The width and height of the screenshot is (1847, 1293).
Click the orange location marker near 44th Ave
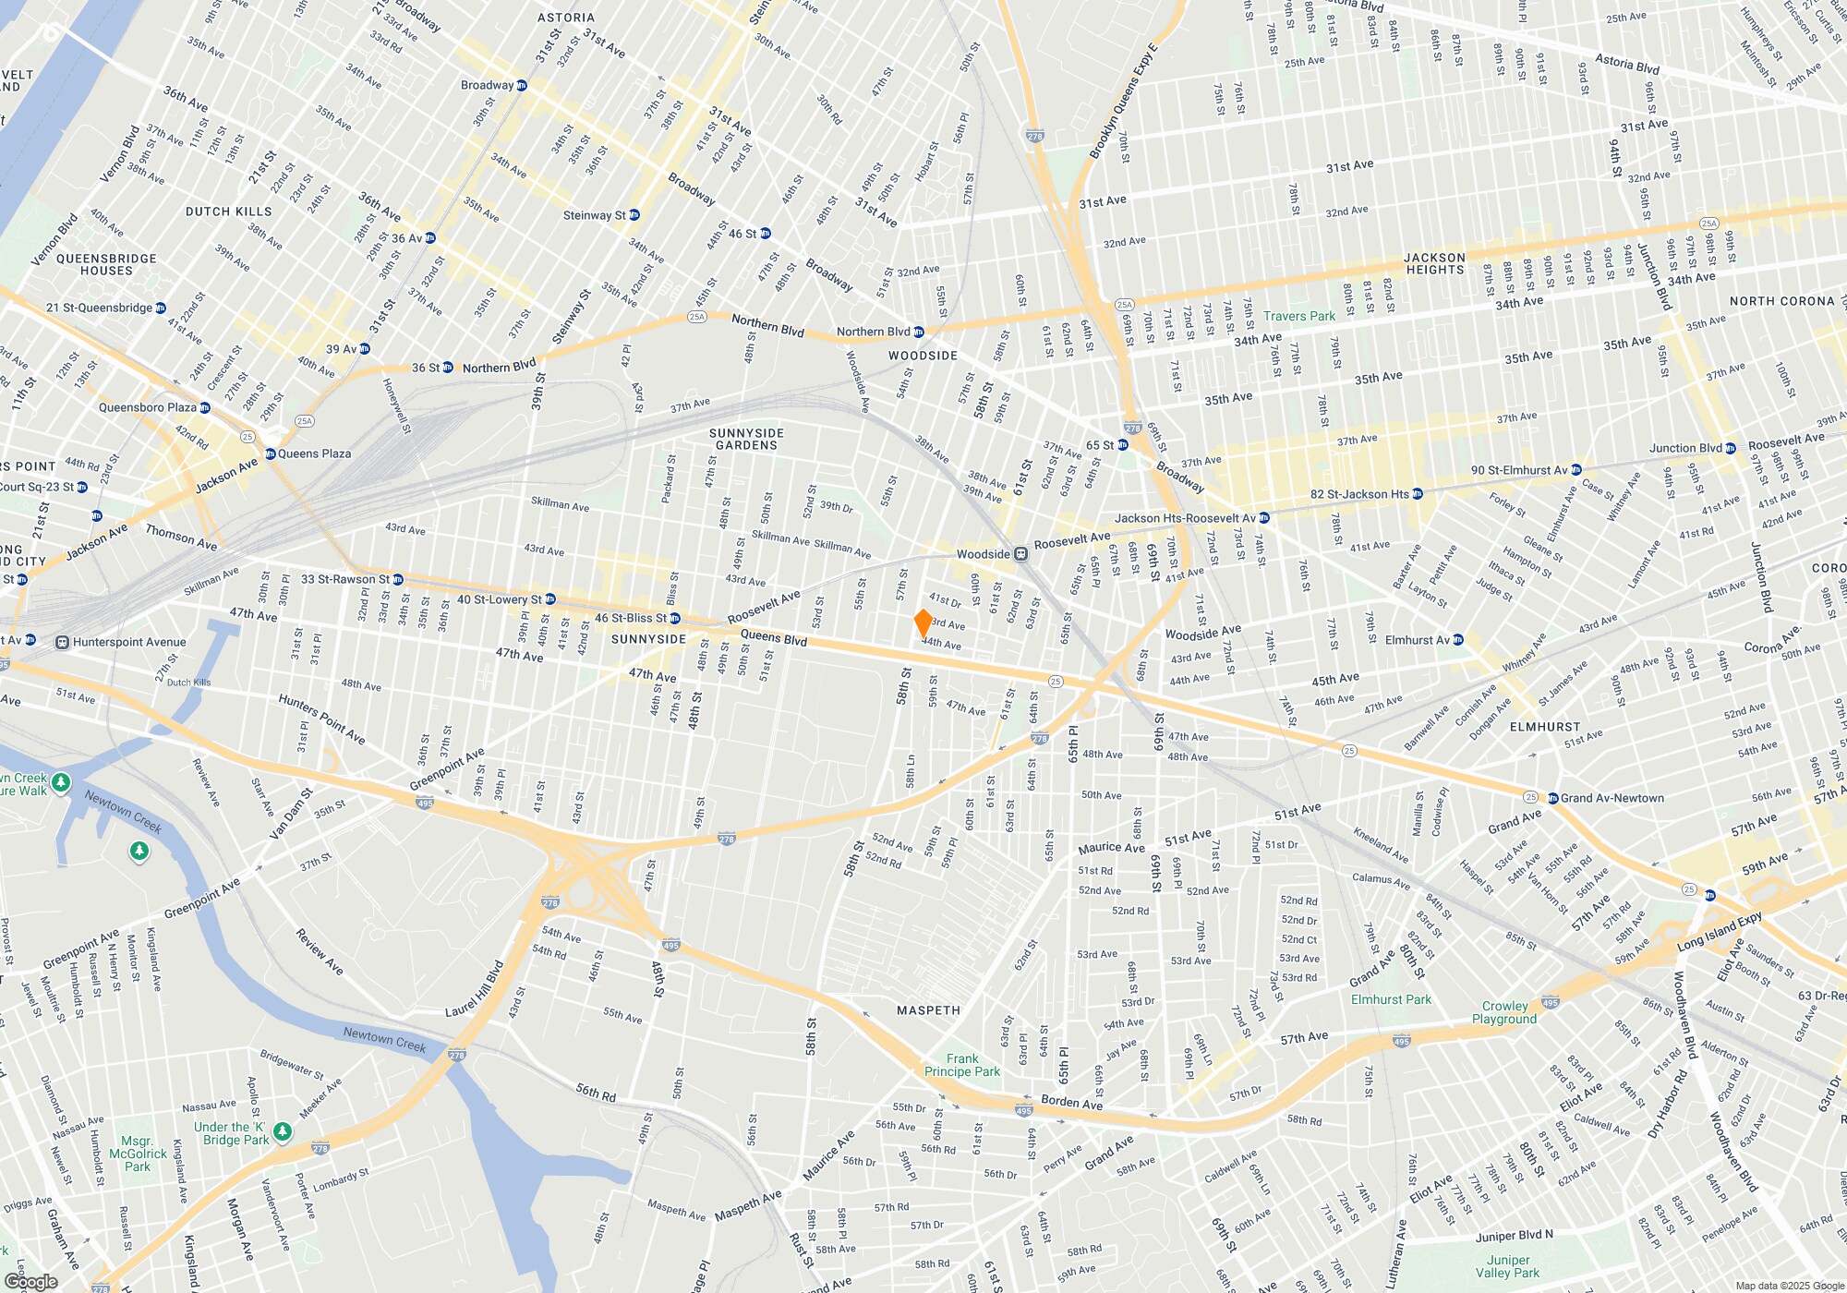coord(923,622)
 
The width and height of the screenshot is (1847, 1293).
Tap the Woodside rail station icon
coord(1020,554)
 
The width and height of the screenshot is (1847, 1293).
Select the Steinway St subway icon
coord(634,215)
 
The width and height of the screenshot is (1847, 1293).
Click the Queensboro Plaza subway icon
coord(205,407)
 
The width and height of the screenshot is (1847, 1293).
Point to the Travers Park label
coord(1299,316)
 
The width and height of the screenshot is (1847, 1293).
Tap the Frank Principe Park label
coord(962,1065)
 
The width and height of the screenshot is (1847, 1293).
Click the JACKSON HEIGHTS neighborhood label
coord(1434,264)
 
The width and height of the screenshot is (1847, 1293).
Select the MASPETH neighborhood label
coord(928,1010)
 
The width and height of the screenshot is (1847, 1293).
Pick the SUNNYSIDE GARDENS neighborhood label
coord(746,439)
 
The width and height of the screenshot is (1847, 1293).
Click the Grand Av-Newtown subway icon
coord(1553,798)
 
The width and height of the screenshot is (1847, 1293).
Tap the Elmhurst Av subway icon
coord(1458,639)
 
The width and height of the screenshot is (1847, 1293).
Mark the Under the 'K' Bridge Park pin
coord(283,1131)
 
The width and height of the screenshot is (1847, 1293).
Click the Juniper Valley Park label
coord(1507,1266)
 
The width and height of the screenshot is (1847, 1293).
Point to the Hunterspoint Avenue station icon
coord(63,642)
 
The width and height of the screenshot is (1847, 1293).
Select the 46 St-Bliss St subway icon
coord(675,618)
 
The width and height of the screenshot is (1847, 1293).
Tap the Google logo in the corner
coord(31,1282)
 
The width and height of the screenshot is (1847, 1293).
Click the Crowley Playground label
coord(1504,1012)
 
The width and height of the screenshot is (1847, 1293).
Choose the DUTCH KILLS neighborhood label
coord(228,211)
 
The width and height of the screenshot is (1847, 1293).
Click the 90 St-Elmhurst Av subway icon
coord(1576,470)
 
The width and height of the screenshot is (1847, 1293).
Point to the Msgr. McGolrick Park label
coord(138,1154)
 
